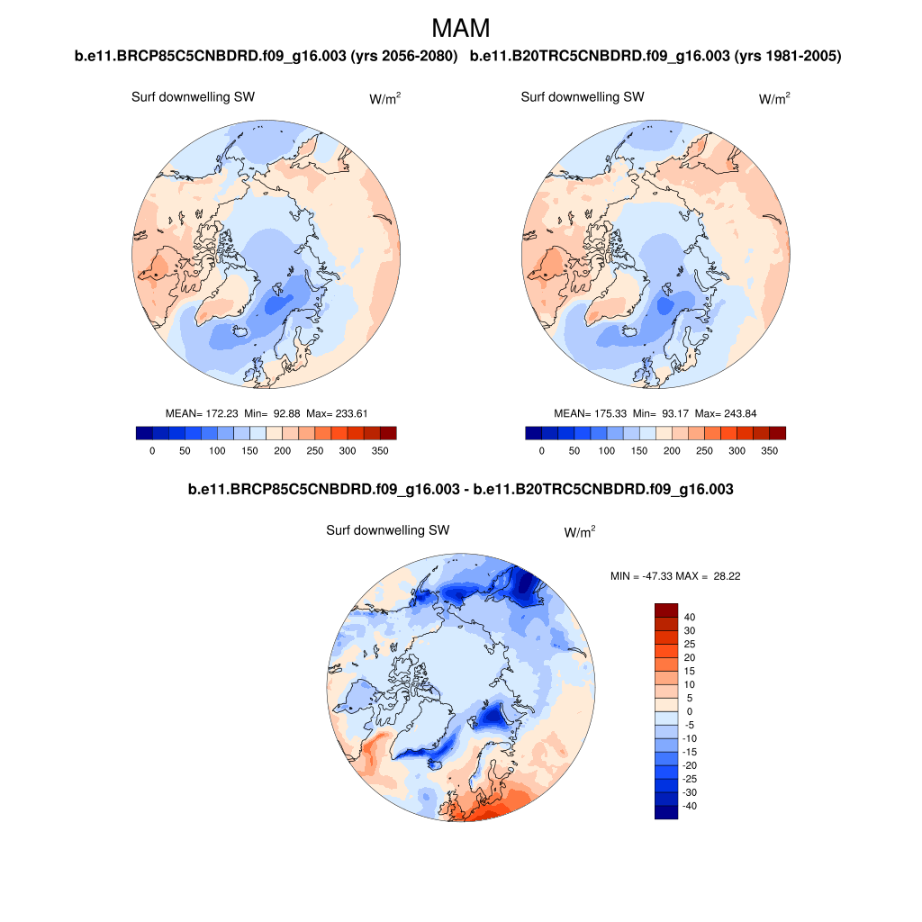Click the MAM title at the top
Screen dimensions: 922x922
tap(461, 28)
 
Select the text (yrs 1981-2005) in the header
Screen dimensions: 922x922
tap(788, 57)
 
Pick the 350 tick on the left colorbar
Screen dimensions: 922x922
tap(380, 450)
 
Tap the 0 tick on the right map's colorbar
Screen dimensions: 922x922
tap(541, 450)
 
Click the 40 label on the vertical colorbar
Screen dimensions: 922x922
tap(690, 617)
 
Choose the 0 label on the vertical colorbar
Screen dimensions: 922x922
tap(690, 711)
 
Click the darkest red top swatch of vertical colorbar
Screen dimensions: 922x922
tap(665, 610)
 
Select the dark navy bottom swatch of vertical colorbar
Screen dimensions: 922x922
tap(665, 812)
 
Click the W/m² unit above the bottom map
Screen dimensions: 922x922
tap(579, 533)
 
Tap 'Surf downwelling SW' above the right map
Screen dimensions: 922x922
tap(583, 97)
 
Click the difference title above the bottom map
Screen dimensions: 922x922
tap(460, 490)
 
